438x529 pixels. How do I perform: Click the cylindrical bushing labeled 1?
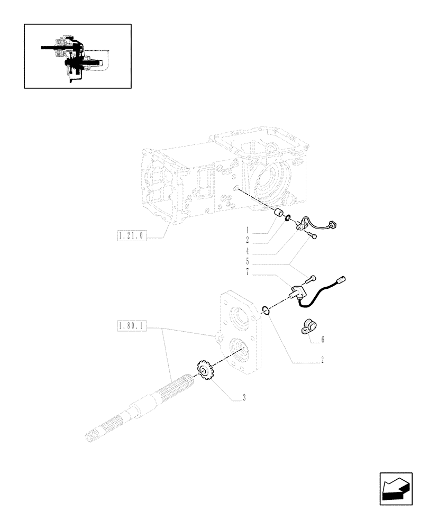278,214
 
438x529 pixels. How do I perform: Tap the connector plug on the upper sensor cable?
333,225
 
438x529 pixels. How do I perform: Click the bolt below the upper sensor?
314,238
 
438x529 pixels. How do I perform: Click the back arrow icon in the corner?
395,489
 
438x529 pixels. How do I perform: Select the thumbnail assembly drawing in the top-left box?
77,56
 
